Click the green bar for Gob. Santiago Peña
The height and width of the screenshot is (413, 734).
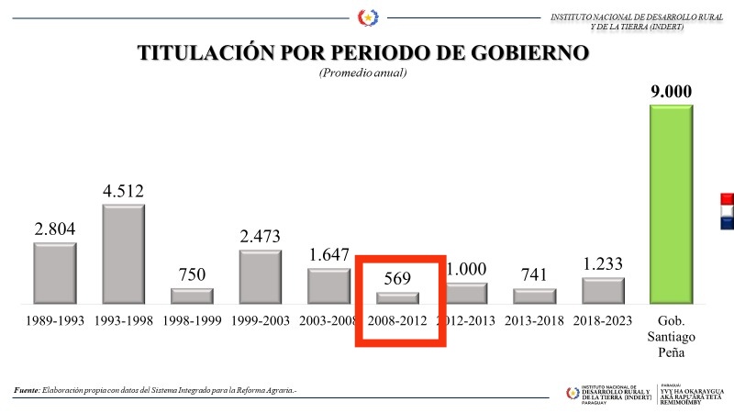click(671, 204)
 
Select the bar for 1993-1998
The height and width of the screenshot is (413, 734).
click(123, 254)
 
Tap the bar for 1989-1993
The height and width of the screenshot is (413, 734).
click(55, 273)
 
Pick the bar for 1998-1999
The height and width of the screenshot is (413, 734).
click(192, 296)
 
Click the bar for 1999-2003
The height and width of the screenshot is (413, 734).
click(261, 277)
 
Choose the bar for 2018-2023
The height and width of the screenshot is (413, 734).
click(603, 291)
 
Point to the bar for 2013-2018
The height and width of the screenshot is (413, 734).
click(534, 296)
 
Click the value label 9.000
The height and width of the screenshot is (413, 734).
click(671, 92)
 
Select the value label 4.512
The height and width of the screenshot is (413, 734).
click(123, 191)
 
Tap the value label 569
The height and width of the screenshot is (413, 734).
click(397, 278)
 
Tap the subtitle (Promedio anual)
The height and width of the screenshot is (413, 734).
click(362, 73)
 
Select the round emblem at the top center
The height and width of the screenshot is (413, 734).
click(367, 17)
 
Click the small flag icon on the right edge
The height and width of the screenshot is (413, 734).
click(727, 210)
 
